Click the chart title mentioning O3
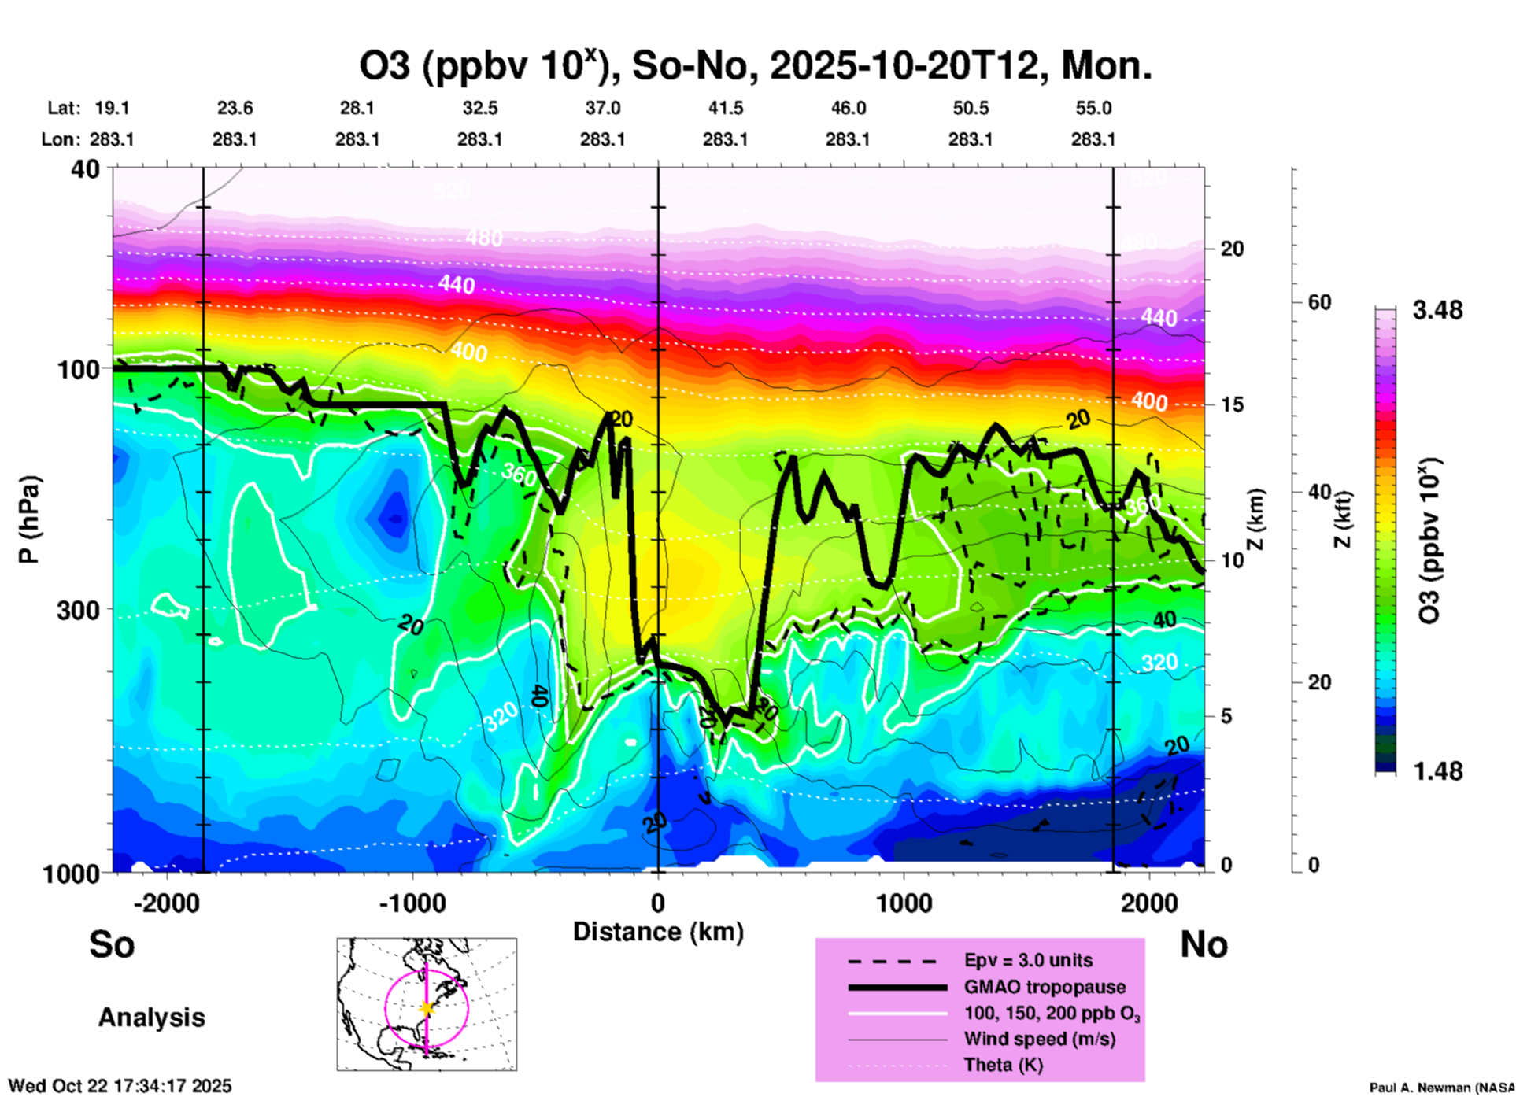coord(756,66)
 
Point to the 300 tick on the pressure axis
coord(79,610)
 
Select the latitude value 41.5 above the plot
coord(725,108)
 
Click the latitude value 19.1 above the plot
coord(112,108)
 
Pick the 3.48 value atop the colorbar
coord(1437,310)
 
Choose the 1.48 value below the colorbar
coord(1437,770)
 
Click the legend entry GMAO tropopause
coord(1045,987)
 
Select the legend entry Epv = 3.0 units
coord(1028,960)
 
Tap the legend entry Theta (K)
coord(1003,1065)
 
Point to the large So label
coord(112,944)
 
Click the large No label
coord(1204,944)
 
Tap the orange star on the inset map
coord(427,1008)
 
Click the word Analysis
coord(151,1018)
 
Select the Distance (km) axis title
coord(658,932)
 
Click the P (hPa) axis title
coord(29,519)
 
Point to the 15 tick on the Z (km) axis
coord(1232,404)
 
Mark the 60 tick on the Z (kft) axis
coord(1319,302)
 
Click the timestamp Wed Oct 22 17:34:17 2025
coord(120,1086)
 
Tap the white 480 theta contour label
coord(483,237)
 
